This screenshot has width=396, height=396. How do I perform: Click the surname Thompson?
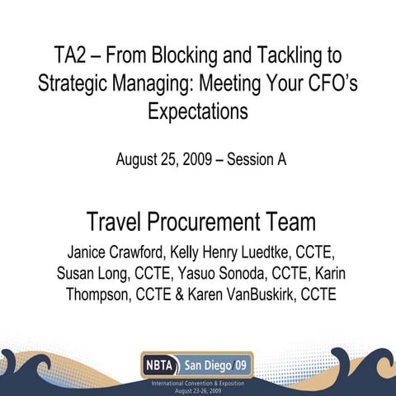(x=100, y=295)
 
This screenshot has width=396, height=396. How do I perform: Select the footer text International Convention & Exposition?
(x=198, y=383)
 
